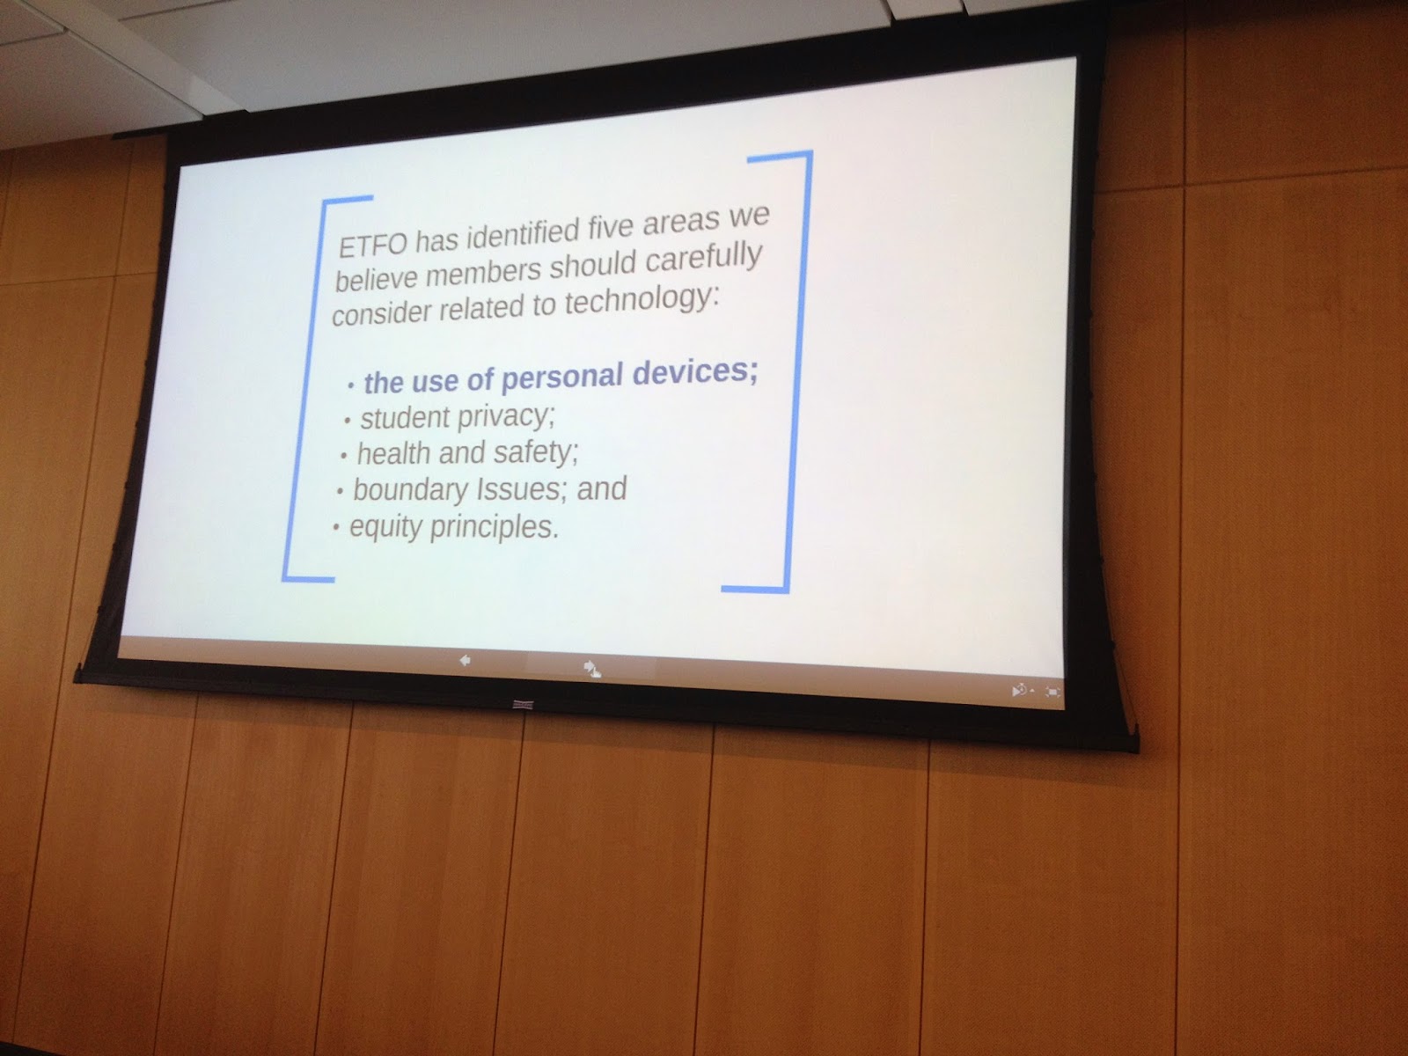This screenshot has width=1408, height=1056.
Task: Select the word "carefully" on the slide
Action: tap(704, 258)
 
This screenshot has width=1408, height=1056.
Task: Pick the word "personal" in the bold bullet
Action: tap(562, 378)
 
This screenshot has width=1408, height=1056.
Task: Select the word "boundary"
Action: tap(411, 490)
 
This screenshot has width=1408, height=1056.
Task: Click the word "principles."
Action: tap(494, 527)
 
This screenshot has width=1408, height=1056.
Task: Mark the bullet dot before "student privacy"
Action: tap(348, 422)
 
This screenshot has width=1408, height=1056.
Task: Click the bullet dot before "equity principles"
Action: tap(336, 528)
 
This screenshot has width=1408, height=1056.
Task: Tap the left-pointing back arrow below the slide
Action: tap(466, 660)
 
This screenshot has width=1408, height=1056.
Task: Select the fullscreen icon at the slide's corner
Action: tap(1052, 692)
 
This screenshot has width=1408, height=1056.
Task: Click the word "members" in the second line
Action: tap(484, 273)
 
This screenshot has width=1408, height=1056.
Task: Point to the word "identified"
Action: tap(522, 235)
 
